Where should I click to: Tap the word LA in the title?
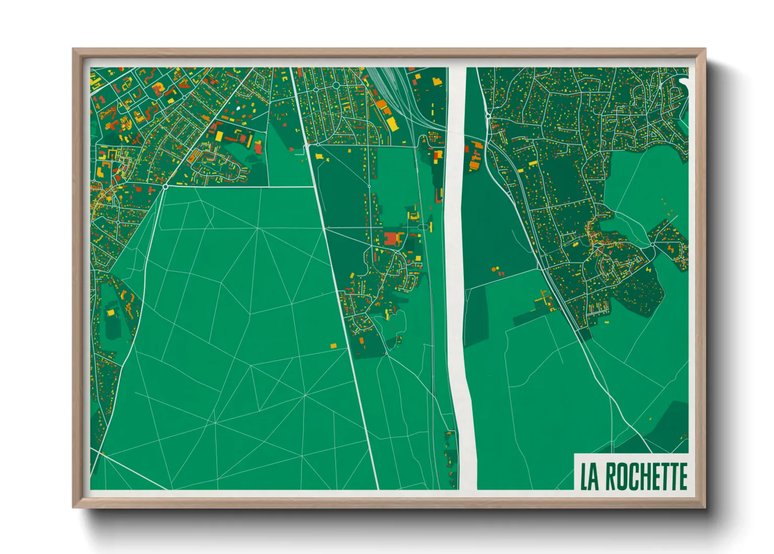590,477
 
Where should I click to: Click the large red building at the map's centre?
391,239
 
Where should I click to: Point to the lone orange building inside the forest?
334,346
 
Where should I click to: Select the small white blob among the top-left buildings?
239,108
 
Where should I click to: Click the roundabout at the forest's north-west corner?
165,186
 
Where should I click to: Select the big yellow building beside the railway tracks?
391,124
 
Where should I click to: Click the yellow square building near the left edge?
111,313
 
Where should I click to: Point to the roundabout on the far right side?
653,244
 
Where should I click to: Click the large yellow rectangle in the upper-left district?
219,136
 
